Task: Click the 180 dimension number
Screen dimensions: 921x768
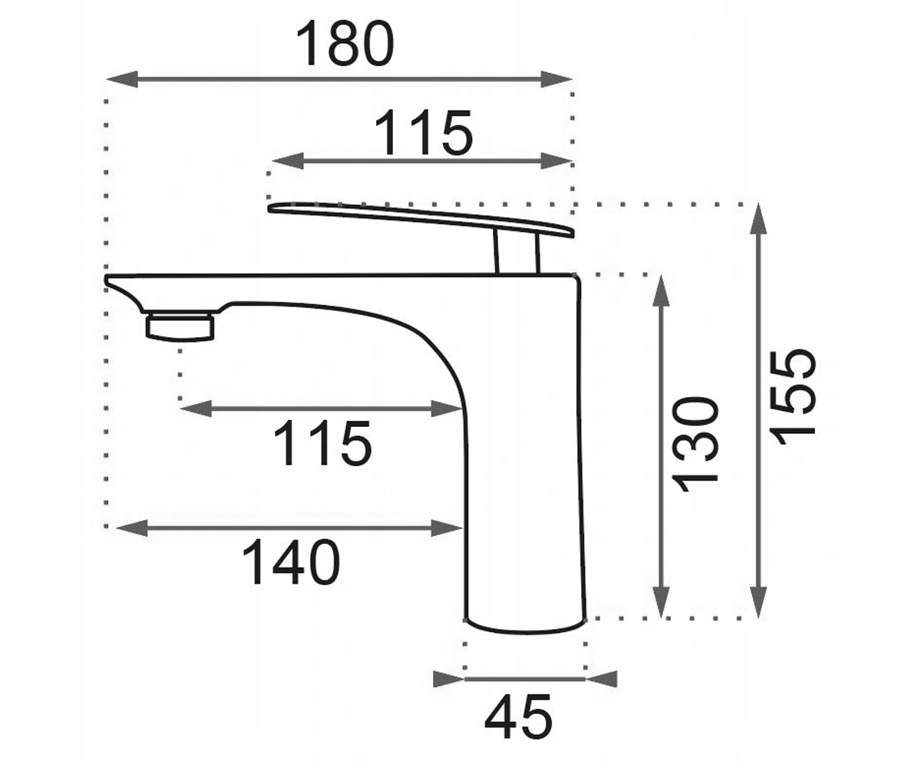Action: pos(345,44)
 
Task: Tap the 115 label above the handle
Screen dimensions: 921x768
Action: pos(423,132)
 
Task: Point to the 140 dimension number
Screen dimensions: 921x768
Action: pos(291,562)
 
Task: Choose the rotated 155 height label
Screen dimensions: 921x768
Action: pos(792,397)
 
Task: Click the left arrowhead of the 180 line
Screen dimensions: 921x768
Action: pos(122,79)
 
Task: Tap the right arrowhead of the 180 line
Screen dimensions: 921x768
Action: pos(556,79)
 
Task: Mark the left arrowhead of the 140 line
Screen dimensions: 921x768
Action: pos(132,528)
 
